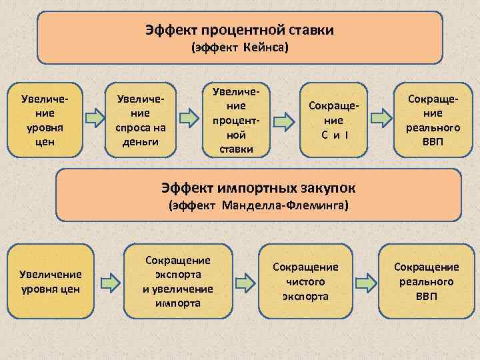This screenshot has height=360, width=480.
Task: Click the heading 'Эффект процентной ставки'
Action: (x=239, y=30)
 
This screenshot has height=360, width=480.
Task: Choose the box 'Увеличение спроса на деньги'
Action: (x=141, y=118)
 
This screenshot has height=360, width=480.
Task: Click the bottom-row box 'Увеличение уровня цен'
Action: (x=50, y=281)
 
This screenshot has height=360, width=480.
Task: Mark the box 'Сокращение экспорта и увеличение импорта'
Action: (x=177, y=281)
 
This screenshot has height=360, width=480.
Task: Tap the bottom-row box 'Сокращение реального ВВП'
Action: (x=427, y=281)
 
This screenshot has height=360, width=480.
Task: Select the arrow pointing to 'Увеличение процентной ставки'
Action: (x=191, y=118)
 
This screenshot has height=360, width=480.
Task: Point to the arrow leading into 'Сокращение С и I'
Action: (x=285, y=121)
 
